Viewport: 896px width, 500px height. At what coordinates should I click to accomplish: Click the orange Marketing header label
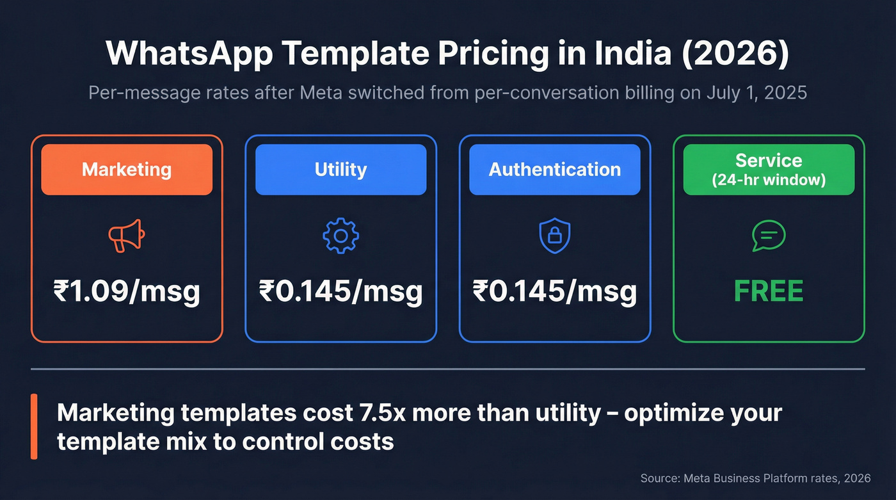[127, 170]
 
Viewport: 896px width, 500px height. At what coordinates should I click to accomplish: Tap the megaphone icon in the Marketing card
[126, 237]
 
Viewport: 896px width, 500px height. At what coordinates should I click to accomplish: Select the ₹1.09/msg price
[126, 292]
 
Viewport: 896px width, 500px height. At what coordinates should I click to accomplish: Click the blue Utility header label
[340, 170]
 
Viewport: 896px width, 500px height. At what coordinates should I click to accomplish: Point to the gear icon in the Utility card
[340, 236]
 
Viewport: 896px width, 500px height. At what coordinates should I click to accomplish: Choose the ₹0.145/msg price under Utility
[340, 292]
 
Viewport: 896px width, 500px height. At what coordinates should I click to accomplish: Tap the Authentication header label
[554, 170]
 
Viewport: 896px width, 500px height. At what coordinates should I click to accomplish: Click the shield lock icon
[554, 236]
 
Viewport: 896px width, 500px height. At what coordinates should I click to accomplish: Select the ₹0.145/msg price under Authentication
[554, 292]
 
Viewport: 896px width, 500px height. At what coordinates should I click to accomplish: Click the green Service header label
[769, 160]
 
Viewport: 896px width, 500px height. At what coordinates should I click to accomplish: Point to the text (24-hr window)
[769, 181]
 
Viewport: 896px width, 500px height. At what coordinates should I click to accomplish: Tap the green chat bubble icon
[768, 236]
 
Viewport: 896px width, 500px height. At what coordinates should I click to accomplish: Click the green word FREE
[768, 292]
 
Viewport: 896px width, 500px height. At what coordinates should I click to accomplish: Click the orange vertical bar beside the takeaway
[34, 426]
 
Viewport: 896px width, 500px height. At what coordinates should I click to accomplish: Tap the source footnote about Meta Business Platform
[755, 478]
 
